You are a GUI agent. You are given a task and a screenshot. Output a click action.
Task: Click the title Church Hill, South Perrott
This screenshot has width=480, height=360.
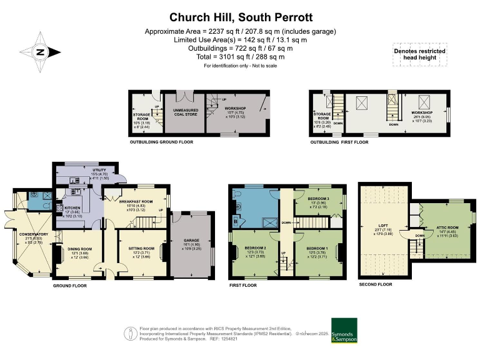[240, 18]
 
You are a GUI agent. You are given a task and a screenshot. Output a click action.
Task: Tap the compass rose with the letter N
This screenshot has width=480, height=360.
[39, 52]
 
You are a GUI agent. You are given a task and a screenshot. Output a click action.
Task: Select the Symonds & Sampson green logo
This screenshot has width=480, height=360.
[344, 331]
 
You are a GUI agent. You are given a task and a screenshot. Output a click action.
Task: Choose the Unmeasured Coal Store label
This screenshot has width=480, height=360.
[184, 112]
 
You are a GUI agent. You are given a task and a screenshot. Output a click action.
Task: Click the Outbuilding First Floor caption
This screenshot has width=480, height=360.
[339, 142]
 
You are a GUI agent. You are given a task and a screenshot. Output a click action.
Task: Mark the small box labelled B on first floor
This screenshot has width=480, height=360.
[234, 221]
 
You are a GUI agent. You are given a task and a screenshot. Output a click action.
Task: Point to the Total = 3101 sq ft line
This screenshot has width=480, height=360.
[240, 57]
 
